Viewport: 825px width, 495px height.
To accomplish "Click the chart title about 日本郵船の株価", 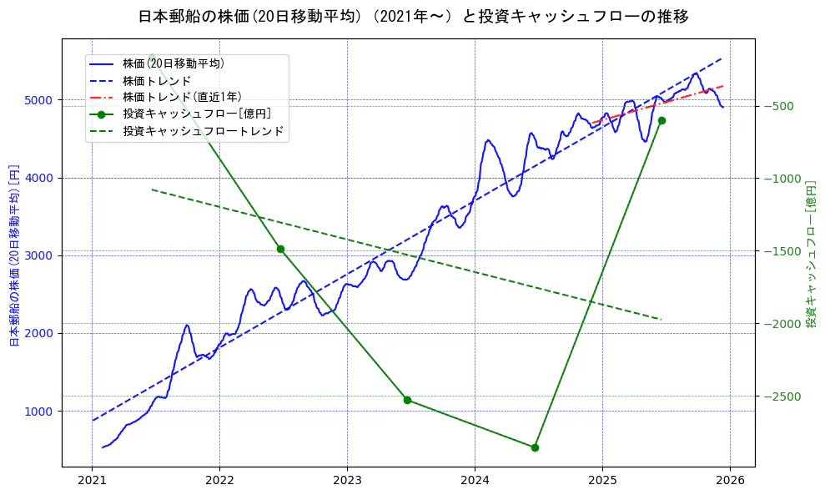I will coord(412,17).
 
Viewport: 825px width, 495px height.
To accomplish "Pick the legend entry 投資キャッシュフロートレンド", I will coord(203,131).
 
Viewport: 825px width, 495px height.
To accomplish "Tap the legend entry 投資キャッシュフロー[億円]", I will coord(196,114).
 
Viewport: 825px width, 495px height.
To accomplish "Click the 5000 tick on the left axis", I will coord(42,100).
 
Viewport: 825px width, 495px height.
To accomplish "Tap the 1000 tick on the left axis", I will coord(42,412).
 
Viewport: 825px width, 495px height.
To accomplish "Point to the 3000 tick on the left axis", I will coord(42,255).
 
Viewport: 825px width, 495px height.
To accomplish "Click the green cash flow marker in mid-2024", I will coord(535,447).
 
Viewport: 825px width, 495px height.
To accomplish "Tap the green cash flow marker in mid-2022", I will coord(280,249).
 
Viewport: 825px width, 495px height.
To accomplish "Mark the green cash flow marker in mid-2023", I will coord(407,400).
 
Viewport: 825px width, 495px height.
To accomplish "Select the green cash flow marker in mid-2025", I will coord(662,120).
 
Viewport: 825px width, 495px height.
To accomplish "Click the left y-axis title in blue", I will coord(13,255).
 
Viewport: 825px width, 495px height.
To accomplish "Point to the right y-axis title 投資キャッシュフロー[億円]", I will coord(811,252).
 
